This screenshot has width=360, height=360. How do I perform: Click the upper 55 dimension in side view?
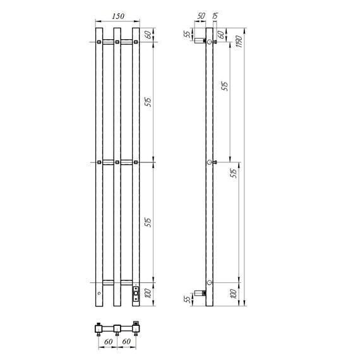(x=187, y=35)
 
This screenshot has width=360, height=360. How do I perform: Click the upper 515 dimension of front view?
(x=148, y=103)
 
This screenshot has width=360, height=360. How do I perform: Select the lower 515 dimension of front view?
(x=148, y=222)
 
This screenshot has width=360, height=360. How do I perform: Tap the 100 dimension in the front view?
(x=148, y=294)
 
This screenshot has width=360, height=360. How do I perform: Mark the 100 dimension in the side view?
(x=233, y=294)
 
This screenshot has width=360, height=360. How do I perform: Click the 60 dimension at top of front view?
(x=148, y=35)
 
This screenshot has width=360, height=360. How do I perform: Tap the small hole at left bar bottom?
(x=99, y=295)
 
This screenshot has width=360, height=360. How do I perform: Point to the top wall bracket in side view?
(x=200, y=42)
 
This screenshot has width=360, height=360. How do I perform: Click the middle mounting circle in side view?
(x=210, y=162)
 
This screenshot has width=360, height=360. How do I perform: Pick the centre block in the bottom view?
(x=117, y=327)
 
